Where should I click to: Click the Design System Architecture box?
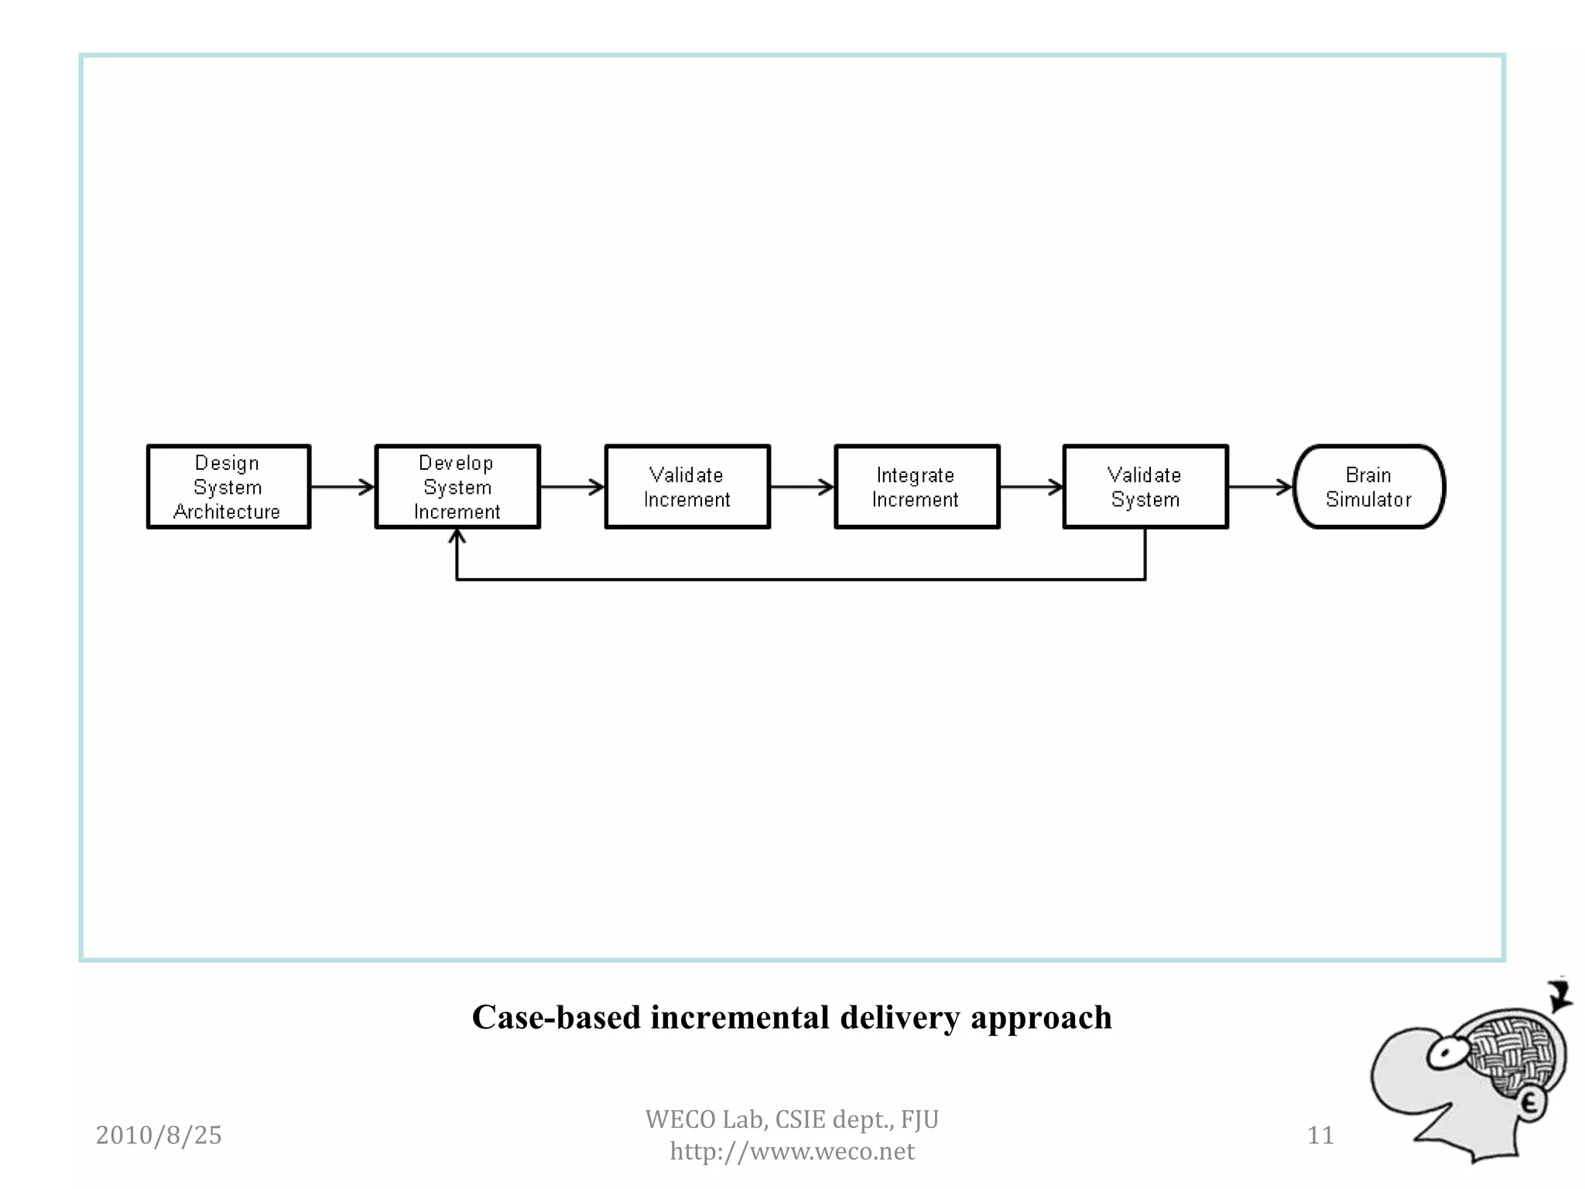pos(228,487)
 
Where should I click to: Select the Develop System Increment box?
pos(457,487)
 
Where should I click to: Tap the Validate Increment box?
pos(687,487)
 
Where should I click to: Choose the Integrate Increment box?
pos(916,487)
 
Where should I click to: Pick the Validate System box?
pos(1145,487)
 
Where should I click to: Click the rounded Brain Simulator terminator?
pos(1368,487)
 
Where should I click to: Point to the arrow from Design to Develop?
pos(342,487)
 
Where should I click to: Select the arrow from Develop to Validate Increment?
pos(572,487)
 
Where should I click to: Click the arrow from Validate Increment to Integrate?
pos(802,487)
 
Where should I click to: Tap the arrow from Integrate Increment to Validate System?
pos(1031,487)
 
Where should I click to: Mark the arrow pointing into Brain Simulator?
pos(1261,487)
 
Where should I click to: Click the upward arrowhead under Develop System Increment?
pos(457,536)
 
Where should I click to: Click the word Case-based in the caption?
pos(556,1017)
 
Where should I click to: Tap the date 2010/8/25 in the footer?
pos(159,1135)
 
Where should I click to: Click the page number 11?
pos(1320,1135)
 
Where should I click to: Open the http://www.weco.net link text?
pos(792,1151)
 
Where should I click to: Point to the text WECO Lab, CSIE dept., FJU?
pos(792,1119)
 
